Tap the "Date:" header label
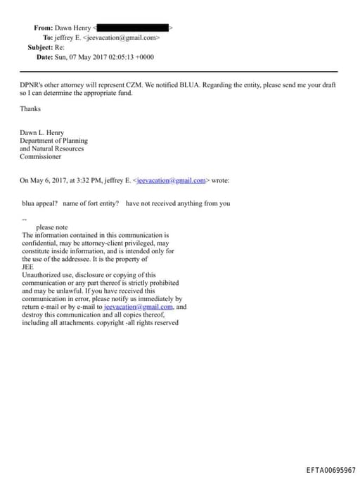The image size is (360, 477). pos(44,57)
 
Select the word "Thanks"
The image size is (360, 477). pos(30,109)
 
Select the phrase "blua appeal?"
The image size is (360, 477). pos(39,203)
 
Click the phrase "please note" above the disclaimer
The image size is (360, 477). pos(52,227)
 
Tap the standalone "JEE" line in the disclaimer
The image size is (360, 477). pos(27,267)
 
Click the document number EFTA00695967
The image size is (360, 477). pos(330,469)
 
